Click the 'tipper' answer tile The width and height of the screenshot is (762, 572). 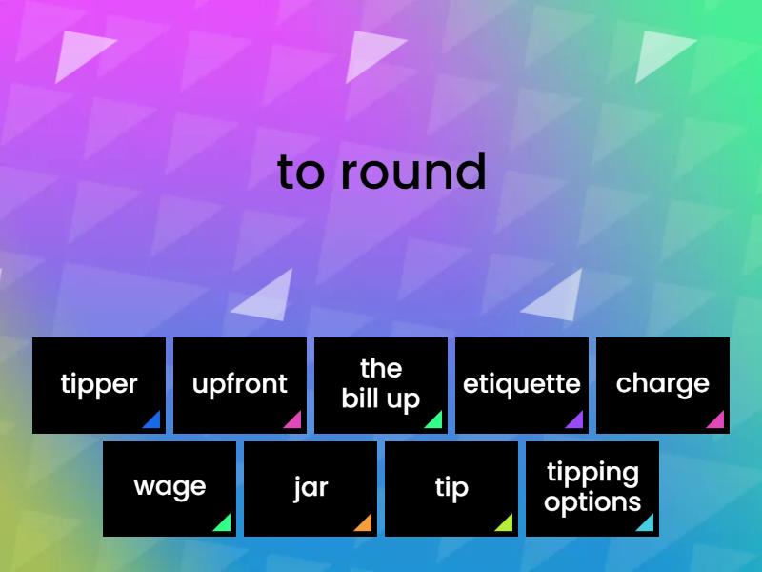coord(99,385)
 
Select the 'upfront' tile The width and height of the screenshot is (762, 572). coord(240,385)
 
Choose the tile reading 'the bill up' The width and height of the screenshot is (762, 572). coord(381,385)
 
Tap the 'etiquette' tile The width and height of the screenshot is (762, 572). coord(522,385)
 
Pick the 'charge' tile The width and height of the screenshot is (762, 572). coord(663,385)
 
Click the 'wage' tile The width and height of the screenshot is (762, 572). coord(170,488)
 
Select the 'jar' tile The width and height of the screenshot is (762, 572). coord(311,488)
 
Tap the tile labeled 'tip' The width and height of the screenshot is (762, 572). coord(451,488)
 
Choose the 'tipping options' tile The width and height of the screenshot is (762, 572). coord(592,488)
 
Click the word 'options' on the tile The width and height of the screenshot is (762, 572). coord(592,502)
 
